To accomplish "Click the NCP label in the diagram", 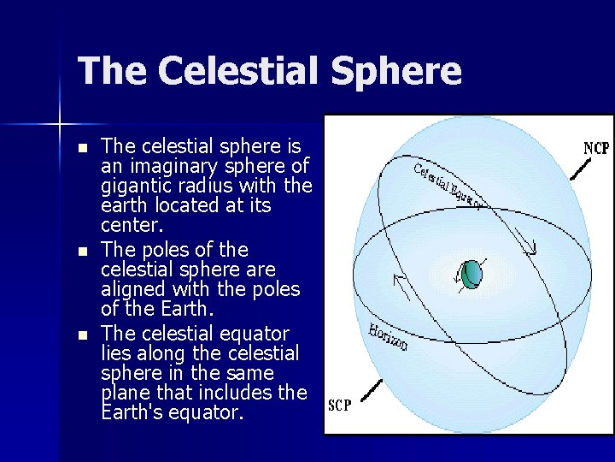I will click(595, 148).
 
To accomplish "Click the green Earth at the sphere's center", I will click(471, 274).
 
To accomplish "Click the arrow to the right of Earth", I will click(531, 248).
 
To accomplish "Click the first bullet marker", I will click(81, 148).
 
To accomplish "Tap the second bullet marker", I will click(81, 252).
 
